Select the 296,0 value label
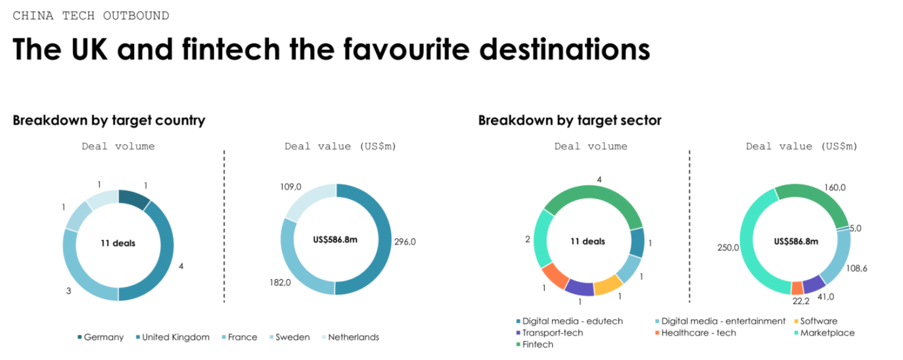pos(405,242)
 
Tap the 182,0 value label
pos(280,282)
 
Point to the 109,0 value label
pos(290,187)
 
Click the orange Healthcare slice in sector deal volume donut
pos(555,276)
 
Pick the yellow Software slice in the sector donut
pos(609,285)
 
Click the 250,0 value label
pos(728,248)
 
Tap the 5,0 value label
pos(856,228)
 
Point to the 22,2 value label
pos(800,301)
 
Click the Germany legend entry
pos(101,337)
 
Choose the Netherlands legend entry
pos(350,337)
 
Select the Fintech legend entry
pos(534,345)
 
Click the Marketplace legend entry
pos(824,333)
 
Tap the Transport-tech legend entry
pos(549,333)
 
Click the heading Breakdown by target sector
pos(570,120)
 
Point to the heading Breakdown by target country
pos(109,120)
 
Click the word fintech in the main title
pos(231,49)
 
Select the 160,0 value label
pos(835,187)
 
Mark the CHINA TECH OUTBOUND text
pos(91,16)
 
